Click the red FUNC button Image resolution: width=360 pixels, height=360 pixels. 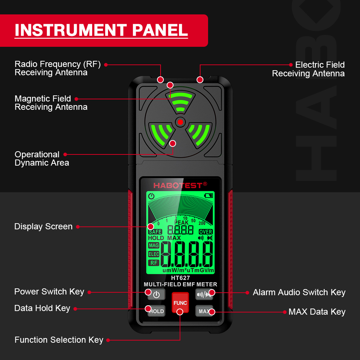(180, 302)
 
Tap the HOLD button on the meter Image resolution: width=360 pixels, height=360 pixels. (156, 311)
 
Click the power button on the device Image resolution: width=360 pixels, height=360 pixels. (156, 294)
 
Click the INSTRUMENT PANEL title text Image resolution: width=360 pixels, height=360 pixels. (101, 30)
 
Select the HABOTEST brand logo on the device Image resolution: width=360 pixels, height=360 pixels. (180, 185)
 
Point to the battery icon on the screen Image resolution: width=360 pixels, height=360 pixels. (208, 196)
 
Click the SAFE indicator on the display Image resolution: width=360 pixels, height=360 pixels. (155, 232)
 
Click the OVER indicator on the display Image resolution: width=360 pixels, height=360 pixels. (206, 232)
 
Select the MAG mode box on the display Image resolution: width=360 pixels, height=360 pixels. (154, 246)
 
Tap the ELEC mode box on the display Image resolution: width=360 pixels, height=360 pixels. (154, 254)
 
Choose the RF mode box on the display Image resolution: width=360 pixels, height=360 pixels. (154, 263)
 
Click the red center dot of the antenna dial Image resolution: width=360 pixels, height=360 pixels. (180, 122)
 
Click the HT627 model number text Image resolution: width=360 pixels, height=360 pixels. (180, 278)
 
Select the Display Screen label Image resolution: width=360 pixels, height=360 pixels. (43, 226)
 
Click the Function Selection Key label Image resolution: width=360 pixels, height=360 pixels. (59, 340)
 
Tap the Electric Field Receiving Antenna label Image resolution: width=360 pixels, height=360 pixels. (308, 69)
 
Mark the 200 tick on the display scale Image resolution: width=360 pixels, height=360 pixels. (202, 223)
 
